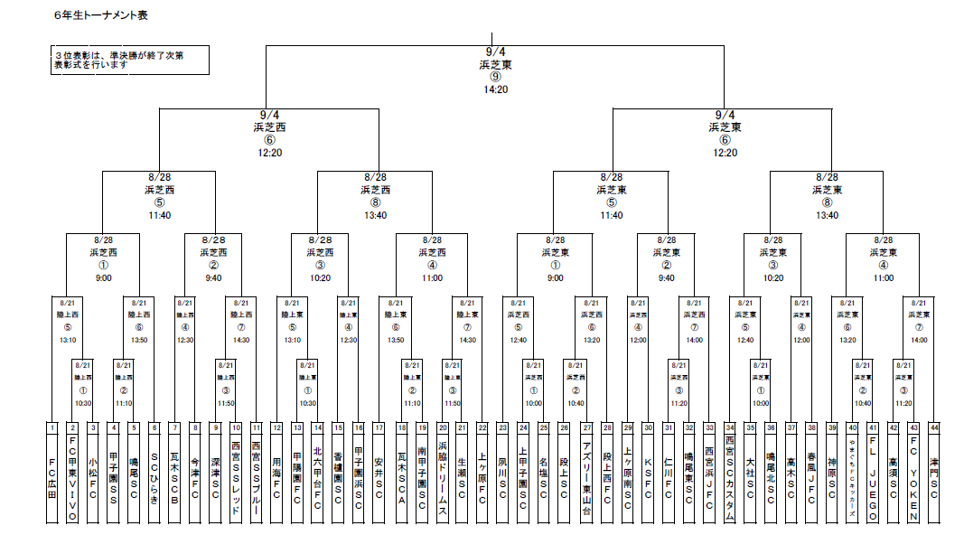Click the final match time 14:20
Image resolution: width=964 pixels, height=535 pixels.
495,89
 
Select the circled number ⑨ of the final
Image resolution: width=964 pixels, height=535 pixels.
495,77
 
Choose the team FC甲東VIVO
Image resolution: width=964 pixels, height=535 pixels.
73,479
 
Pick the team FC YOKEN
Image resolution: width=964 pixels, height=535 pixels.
913,479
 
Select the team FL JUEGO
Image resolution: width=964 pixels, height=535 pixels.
873,479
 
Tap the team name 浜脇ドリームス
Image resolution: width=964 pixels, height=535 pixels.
443,479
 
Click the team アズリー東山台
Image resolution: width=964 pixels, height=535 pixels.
586,479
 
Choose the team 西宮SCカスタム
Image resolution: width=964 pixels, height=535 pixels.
730,479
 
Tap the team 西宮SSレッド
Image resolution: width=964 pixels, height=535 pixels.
236,479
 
